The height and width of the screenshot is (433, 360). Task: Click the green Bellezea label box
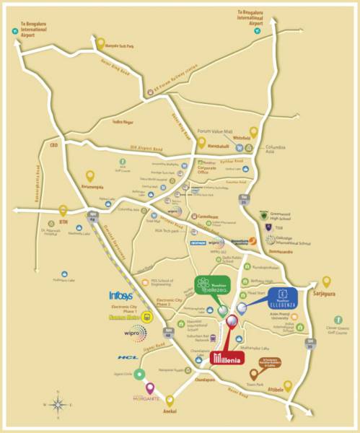point(212,287)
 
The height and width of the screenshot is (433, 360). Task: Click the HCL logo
point(128,358)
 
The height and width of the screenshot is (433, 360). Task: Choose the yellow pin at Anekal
point(170,401)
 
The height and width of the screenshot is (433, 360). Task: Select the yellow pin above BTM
point(63,211)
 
